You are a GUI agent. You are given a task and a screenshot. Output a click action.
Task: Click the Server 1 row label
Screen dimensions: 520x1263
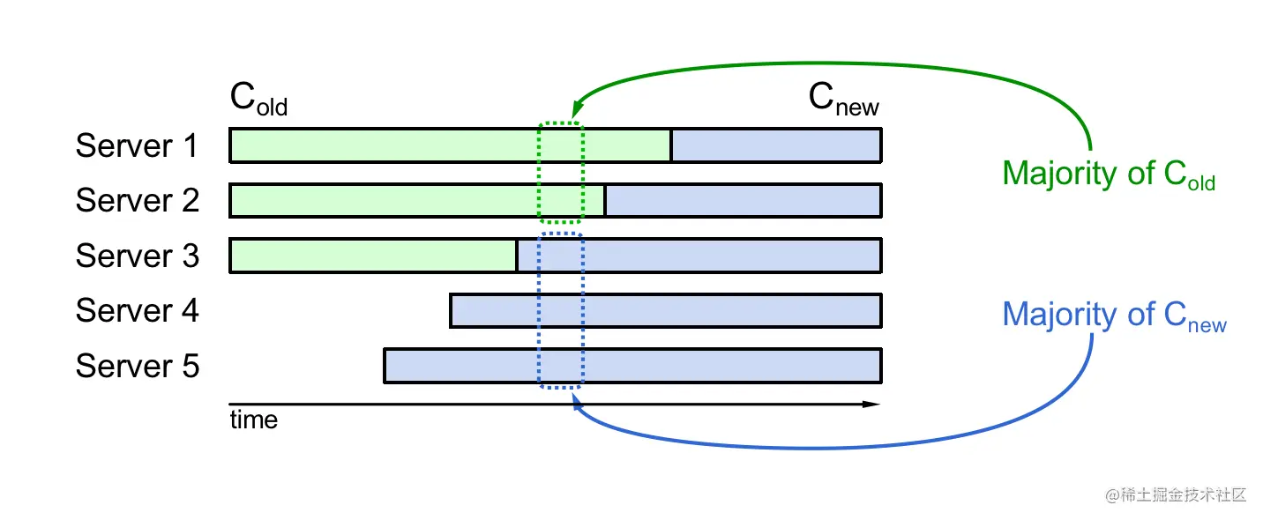(x=137, y=145)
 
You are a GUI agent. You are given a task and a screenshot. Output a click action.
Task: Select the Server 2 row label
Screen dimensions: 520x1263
(x=137, y=200)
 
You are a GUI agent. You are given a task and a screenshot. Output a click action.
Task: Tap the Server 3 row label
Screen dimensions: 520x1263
(x=137, y=256)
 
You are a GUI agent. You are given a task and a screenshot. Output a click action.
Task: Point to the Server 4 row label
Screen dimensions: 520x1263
(x=137, y=310)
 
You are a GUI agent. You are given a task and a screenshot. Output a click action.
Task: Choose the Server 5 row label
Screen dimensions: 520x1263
(x=137, y=365)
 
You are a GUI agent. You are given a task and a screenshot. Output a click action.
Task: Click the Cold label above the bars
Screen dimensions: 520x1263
(x=258, y=99)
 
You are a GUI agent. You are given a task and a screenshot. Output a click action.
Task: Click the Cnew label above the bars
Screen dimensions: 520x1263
(x=843, y=100)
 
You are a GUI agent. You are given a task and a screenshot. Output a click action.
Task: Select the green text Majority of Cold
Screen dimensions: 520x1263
(x=1109, y=174)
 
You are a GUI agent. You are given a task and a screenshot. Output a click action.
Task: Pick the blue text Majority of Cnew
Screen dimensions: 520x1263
(x=1114, y=316)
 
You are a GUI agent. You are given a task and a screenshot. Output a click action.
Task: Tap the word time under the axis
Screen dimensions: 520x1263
(x=253, y=420)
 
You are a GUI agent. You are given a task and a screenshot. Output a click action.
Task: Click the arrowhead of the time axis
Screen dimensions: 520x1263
(x=872, y=405)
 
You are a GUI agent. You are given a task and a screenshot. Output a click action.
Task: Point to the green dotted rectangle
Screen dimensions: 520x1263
(x=560, y=173)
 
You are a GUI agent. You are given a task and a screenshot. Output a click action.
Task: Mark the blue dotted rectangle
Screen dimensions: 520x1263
(x=560, y=310)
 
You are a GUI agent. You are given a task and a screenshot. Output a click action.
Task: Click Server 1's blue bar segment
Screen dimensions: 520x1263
(x=775, y=145)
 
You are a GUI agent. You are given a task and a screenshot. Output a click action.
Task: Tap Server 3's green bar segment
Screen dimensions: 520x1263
(x=372, y=256)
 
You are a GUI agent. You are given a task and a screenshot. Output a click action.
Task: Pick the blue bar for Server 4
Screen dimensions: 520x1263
(x=665, y=310)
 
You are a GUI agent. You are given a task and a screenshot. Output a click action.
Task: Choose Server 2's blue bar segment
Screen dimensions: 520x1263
(x=742, y=200)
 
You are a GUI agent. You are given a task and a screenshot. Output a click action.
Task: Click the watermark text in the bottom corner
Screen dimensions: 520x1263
(x=1176, y=494)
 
